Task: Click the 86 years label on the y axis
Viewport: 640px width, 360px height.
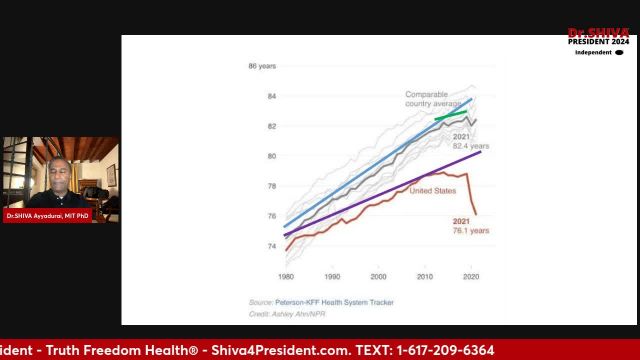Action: pos(262,66)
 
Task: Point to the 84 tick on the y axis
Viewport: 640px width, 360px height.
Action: pos(270,96)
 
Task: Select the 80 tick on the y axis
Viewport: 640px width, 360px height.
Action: pos(270,156)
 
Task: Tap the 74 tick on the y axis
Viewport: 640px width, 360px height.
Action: pos(270,245)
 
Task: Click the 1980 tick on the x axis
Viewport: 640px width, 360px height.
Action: pos(287,276)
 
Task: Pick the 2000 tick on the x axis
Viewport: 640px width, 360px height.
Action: pos(379,276)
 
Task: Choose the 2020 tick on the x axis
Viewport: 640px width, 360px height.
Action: pos(470,276)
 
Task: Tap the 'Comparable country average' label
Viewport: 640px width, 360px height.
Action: pos(434,99)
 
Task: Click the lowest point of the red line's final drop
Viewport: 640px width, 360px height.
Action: pos(476,214)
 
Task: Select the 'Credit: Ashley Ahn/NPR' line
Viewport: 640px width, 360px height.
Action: pos(286,313)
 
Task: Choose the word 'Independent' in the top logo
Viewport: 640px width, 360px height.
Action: pos(592,52)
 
